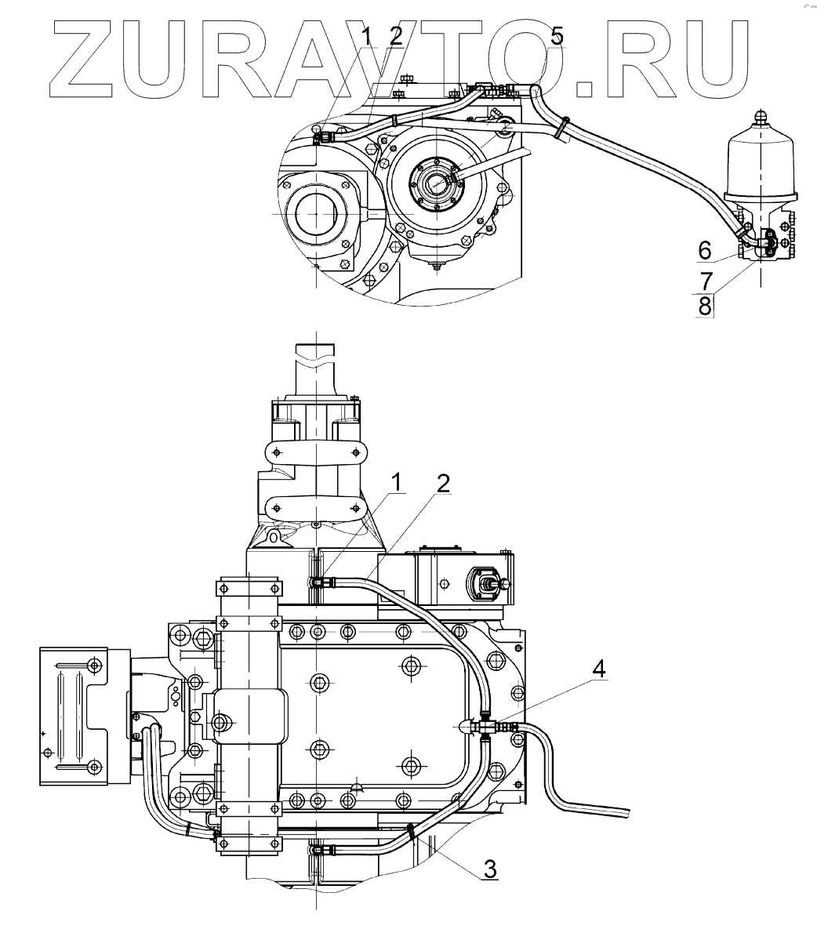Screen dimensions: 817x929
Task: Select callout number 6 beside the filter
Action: [x=705, y=250]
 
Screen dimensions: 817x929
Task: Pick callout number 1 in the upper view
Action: [x=365, y=35]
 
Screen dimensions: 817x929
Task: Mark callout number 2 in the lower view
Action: [x=444, y=484]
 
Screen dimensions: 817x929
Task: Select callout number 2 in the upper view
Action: [x=395, y=35]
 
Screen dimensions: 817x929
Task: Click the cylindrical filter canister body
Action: [x=762, y=161]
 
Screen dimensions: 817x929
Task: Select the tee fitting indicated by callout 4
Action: [x=488, y=727]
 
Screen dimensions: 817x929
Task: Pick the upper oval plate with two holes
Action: [x=317, y=453]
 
